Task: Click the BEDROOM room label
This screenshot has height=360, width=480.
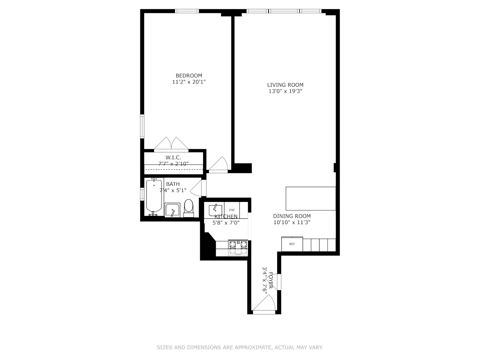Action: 189,76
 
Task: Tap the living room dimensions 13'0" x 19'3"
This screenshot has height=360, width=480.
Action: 285,91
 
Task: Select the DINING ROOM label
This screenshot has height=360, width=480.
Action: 292,216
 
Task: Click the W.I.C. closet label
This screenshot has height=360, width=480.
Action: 173,157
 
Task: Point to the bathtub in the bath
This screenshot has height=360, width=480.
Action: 154,196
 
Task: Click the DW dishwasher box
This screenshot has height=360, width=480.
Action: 232,210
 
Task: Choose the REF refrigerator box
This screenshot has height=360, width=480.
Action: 292,244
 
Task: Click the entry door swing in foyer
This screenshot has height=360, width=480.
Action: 265,304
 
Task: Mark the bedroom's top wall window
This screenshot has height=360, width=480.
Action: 187,11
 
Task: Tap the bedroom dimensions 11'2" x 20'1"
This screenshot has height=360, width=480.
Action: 189,82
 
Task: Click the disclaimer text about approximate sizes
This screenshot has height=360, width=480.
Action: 240,347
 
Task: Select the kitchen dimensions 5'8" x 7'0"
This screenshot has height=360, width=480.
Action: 226,223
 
